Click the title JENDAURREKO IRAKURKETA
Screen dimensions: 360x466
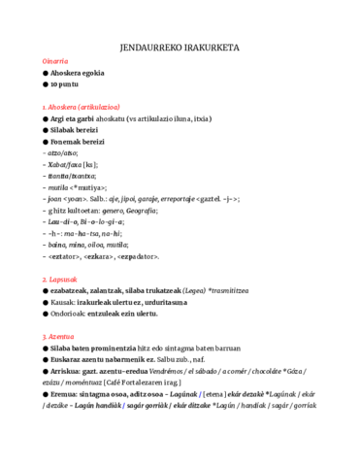tap(180, 46)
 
